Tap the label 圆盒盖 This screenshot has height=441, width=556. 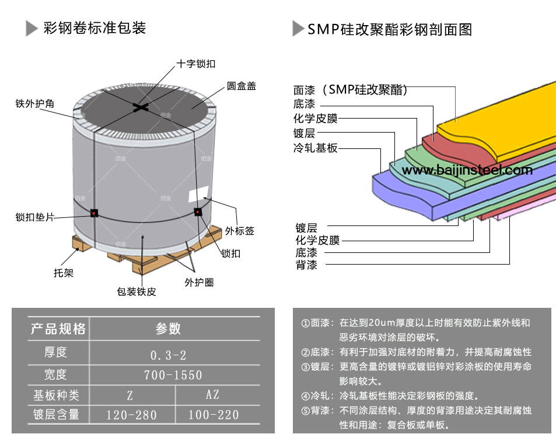pyautogui.click(x=241, y=86)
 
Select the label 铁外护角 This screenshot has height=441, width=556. pyautogui.click(x=34, y=103)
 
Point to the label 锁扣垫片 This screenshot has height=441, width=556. pyautogui.click(x=34, y=217)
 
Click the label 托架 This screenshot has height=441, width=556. pyautogui.click(x=63, y=273)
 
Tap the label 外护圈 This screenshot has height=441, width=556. pyautogui.click(x=199, y=283)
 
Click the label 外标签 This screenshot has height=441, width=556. pyautogui.click(x=240, y=231)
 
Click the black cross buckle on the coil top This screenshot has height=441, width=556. pyautogui.click(x=141, y=106)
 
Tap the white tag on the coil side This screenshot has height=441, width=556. pyautogui.click(x=198, y=195)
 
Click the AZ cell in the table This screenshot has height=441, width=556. pyautogui.click(x=213, y=395)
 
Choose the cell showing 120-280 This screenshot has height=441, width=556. pyautogui.click(x=132, y=415)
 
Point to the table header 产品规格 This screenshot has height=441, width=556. pyautogui.click(x=58, y=329)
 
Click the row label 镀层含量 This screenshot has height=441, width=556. pyautogui.click(x=56, y=415)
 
